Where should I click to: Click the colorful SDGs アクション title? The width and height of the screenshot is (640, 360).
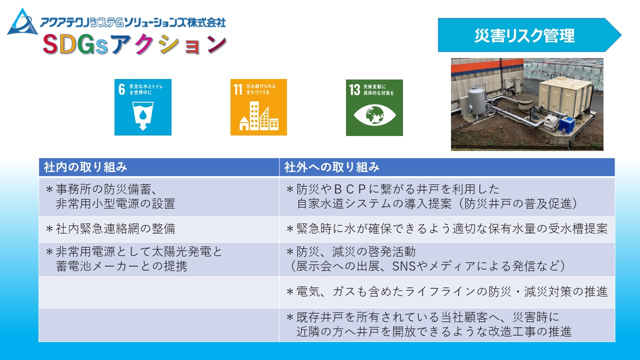pyautogui.click(x=134, y=44)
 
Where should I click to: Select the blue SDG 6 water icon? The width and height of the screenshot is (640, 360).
pyautogui.click(x=143, y=107)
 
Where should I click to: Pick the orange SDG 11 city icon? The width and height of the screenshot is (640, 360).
pyautogui.click(x=258, y=107)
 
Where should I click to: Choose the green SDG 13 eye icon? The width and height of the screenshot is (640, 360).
pyautogui.click(x=374, y=107)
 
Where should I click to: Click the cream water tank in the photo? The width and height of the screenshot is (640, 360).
pyautogui.click(x=565, y=97)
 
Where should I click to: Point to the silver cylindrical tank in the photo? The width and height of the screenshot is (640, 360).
pyautogui.click(x=476, y=101)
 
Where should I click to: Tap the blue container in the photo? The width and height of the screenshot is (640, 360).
pyautogui.click(x=566, y=125)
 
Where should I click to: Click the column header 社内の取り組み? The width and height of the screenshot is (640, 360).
pyautogui.click(x=85, y=167)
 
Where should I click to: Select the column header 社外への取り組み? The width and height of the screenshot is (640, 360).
pyautogui.click(x=331, y=167)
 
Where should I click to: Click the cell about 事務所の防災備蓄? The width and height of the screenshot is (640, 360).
pyautogui.click(x=159, y=196)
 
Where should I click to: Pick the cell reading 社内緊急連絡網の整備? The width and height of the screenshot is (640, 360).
pyautogui.click(x=159, y=229)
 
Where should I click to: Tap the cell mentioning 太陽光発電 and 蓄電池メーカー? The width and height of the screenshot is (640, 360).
pyautogui.click(x=159, y=259)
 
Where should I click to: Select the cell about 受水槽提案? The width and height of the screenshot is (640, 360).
pyautogui.click(x=447, y=229)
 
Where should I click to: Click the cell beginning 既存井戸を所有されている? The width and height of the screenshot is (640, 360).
pyautogui.click(x=447, y=325)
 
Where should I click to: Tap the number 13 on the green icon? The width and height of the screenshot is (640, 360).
pyautogui.click(x=354, y=89)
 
